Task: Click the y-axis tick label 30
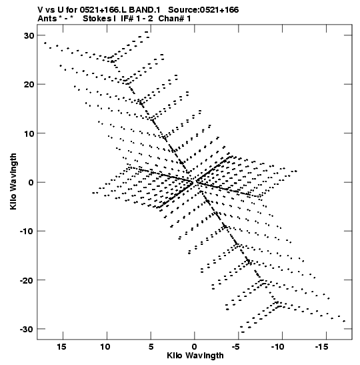(29, 35)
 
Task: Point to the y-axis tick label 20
(29, 84)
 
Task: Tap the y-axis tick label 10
(29, 133)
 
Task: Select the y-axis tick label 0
(31, 182)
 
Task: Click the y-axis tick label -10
(27, 231)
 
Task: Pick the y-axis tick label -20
(27, 280)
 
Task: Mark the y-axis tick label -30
(27, 329)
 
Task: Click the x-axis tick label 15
(61, 347)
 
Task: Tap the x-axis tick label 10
(105, 347)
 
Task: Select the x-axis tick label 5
(151, 347)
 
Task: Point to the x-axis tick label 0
(195, 347)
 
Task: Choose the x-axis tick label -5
(235, 347)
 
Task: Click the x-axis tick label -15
(322, 347)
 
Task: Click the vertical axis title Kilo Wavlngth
(13, 181)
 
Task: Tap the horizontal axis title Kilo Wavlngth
(195, 356)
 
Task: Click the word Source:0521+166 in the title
(203, 10)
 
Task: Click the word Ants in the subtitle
(47, 19)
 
